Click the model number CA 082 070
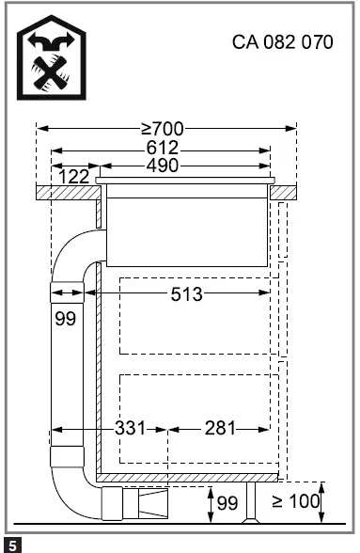click(x=282, y=42)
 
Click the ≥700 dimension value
click(x=163, y=129)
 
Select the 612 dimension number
click(x=163, y=149)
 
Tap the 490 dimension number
click(x=163, y=166)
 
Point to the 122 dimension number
click(x=73, y=177)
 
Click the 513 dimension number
click(x=186, y=294)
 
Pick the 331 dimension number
click(x=130, y=428)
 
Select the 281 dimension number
click(x=220, y=428)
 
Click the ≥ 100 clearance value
click(x=295, y=501)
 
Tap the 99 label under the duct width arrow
click(x=66, y=319)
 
